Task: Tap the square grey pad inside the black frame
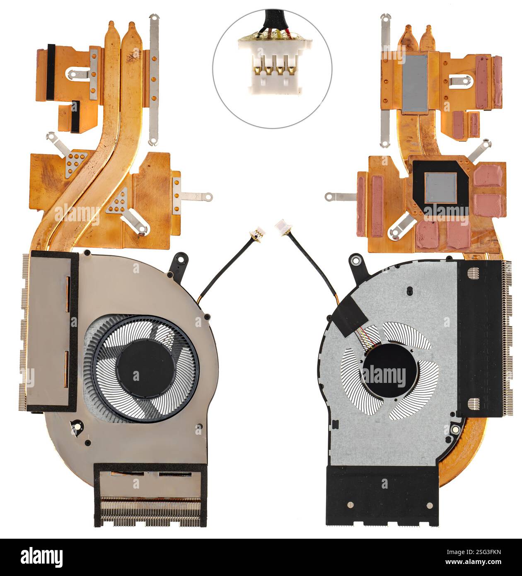point(441,187)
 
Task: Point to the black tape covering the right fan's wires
point(352,317)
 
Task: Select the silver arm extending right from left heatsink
point(195,196)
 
